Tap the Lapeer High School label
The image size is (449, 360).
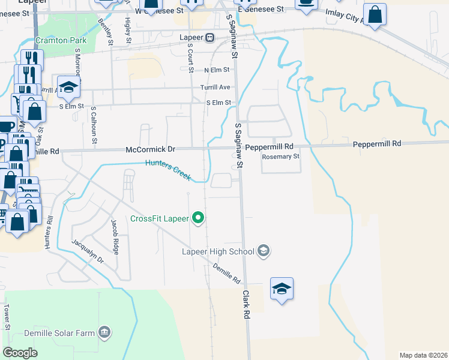(218, 251)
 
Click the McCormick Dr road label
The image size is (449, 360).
(150, 149)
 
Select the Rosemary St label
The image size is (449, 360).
(280, 157)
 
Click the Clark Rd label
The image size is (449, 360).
(246, 304)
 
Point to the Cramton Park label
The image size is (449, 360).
(61, 41)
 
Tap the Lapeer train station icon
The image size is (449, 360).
(210, 37)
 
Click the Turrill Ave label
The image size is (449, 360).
(215, 88)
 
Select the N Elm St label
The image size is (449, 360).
(217, 70)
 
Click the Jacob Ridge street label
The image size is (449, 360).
(115, 236)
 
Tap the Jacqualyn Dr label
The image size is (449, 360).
(88, 252)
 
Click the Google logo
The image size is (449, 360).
(20, 352)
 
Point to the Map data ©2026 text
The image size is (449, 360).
(423, 355)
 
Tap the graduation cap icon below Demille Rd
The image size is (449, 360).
(282, 289)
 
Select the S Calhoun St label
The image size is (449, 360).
(94, 126)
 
